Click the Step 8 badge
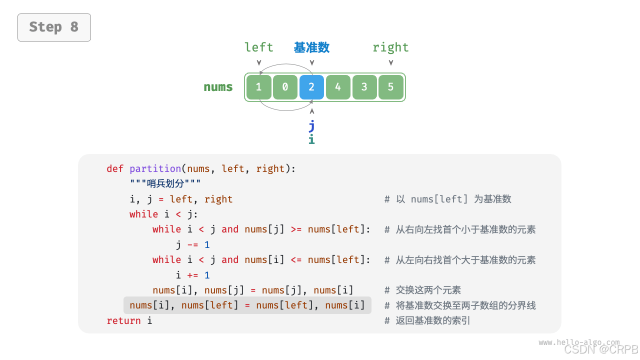point(54,27)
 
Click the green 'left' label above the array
point(259,47)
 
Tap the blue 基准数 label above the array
point(311,47)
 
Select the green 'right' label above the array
point(390,47)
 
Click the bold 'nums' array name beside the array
point(218,87)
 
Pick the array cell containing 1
point(258,87)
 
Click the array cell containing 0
point(285,87)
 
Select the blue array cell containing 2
point(311,87)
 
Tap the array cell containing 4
point(338,87)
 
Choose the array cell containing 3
point(364,87)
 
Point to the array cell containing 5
point(391,87)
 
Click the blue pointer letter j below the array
point(311,125)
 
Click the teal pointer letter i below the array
point(311,139)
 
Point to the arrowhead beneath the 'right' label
point(391,62)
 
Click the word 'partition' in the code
point(155,168)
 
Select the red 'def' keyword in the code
point(115,168)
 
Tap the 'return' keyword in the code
point(123,320)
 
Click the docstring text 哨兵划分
point(165,183)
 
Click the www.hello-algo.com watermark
point(579,342)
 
